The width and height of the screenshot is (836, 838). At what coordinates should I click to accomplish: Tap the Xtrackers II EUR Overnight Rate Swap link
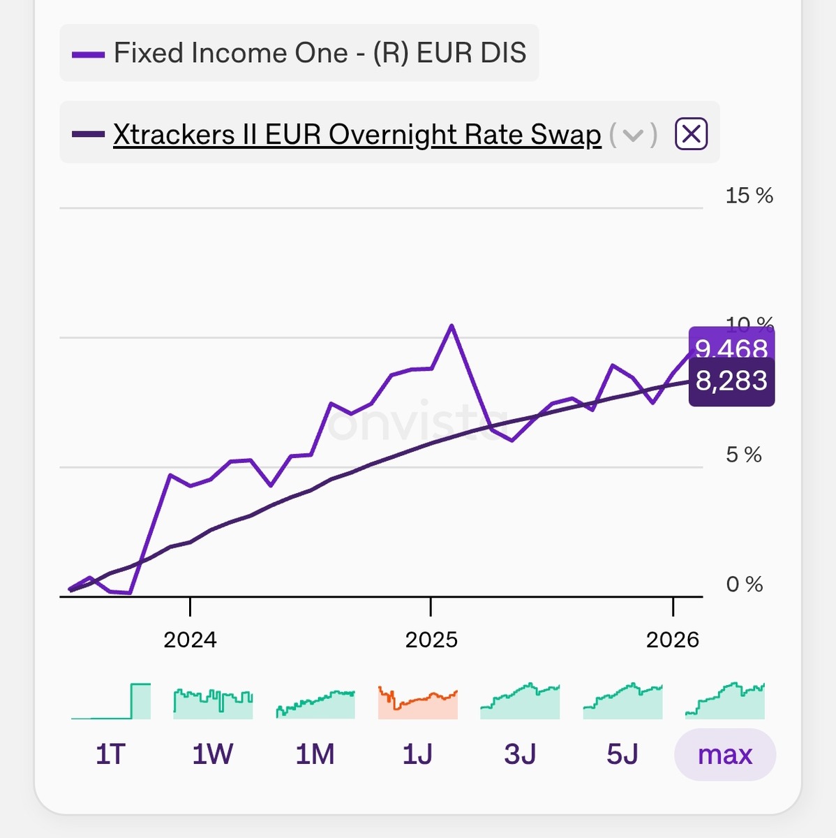click(x=357, y=135)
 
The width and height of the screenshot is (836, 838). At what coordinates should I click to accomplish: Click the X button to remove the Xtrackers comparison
click(x=691, y=133)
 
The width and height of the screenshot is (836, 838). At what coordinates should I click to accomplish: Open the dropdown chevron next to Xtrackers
click(x=632, y=135)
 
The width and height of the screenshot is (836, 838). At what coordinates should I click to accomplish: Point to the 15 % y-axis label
click(x=749, y=196)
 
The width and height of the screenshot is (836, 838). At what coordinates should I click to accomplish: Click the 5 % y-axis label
click(x=743, y=455)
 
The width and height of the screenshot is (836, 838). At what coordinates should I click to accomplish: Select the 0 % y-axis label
click(x=744, y=585)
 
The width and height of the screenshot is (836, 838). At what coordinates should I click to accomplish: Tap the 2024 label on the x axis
click(x=190, y=640)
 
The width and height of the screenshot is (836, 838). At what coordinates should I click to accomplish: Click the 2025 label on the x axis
click(x=431, y=640)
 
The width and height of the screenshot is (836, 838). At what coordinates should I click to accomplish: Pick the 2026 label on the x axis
click(x=672, y=640)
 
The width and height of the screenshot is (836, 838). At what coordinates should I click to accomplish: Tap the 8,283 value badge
click(x=731, y=381)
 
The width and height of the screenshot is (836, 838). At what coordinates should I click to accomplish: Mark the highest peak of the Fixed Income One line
click(x=452, y=325)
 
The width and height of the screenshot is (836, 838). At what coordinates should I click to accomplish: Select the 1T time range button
click(x=110, y=754)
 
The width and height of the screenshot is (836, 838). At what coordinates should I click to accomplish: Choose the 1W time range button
click(x=213, y=754)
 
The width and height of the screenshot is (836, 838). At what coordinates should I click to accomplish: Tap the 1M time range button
click(x=315, y=754)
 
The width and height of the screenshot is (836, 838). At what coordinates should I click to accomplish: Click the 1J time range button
click(x=417, y=754)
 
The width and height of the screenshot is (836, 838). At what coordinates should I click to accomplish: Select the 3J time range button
click(x=520, y=754)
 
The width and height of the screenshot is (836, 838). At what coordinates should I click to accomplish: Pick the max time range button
click(x=725, y=754)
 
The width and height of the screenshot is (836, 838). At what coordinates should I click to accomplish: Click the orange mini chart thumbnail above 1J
click(x=417, y=703)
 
